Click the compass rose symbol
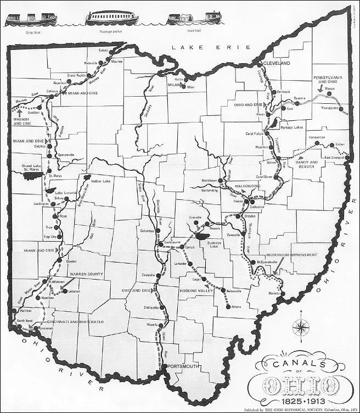pyautogui.click(x=301, y=328)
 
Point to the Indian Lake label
pyautogui.click(x=100, y=180)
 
